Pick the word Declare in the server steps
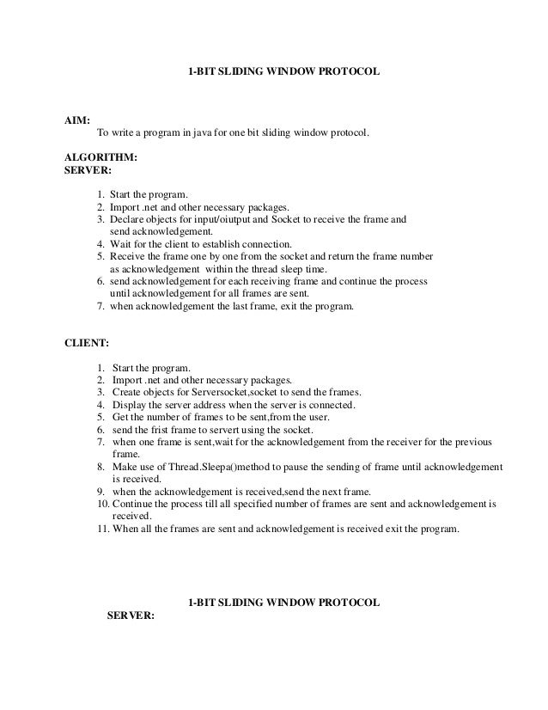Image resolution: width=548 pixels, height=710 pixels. point(128,219)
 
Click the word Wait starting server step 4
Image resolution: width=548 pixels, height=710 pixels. point(120,244)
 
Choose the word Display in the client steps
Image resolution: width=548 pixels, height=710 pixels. point(129,404)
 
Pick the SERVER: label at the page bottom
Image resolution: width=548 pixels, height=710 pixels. point(129,616)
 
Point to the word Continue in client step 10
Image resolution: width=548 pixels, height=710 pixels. point(132,503)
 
